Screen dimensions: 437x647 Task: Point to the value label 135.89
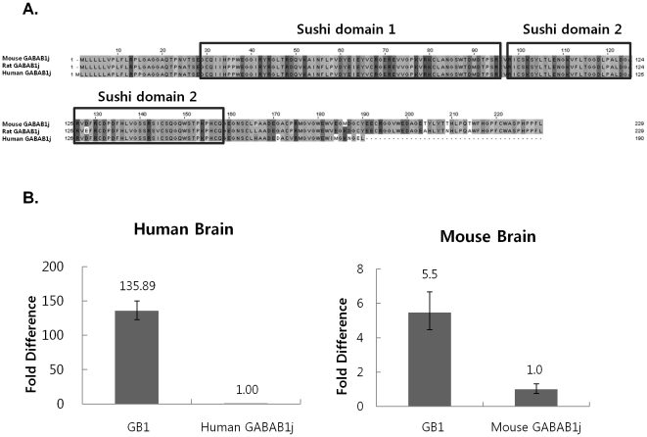(x=145, y=287)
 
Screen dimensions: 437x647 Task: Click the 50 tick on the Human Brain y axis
(x=67, y=368)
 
